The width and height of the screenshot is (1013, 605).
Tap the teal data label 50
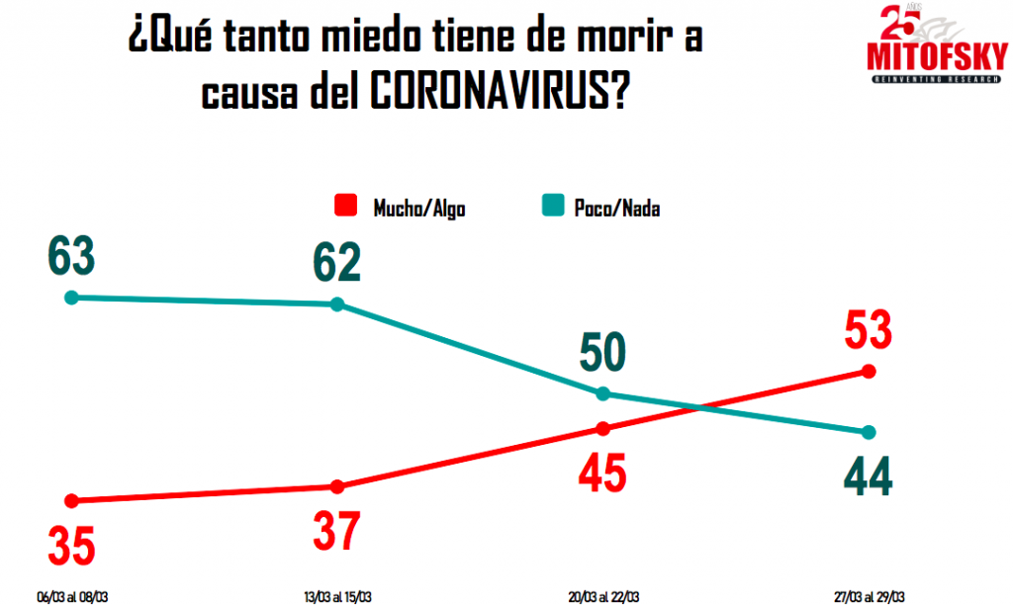(603, 353)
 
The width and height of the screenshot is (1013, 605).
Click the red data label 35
(72, 546)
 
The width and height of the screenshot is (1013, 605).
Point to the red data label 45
(603, 474)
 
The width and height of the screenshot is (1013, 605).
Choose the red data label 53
(869, 330)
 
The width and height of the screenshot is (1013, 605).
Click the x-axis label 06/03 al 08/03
(72, 596)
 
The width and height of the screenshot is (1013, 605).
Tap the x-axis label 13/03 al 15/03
(338, 596)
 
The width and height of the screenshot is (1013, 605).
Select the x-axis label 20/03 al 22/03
(603, 596)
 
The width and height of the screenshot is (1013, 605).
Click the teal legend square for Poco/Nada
(554, 207)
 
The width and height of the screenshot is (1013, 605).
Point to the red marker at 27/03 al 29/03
(869, 372)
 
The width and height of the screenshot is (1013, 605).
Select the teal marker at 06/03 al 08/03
(71, 298)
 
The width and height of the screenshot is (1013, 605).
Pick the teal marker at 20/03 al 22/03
(602, 393)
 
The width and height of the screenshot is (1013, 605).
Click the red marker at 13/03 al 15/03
(337, 486)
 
